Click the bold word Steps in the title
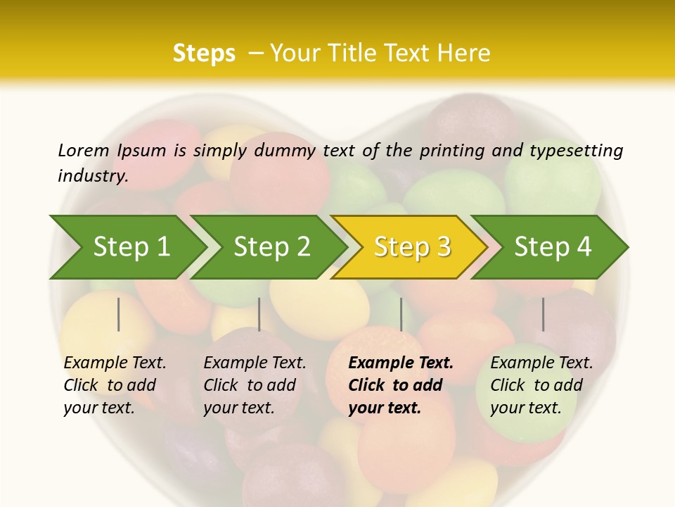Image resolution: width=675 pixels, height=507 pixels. click(x=204, y=54)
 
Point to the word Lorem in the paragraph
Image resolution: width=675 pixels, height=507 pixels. click(x=83, y=150)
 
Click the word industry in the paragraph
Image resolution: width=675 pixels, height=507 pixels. click(x=93, y=176)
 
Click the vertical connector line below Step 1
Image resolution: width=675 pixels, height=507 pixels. click(x=118, y=314)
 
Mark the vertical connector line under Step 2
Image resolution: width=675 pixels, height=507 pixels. click(x=259, y=314)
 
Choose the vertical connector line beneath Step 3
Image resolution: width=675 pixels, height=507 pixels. click(x=401, y=314)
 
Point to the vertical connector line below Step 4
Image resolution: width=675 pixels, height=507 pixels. click(x=543, y=314)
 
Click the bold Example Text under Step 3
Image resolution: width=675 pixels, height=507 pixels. click(x=401, y=363)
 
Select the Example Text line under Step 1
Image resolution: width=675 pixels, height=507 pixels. click(x=115, y=363)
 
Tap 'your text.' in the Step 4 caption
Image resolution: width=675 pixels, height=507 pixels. click(x=525, y=408)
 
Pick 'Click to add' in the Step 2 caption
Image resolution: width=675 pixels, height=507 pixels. click(x=250, y=385)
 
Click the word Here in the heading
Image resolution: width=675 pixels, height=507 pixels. click(x=464, y=54)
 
